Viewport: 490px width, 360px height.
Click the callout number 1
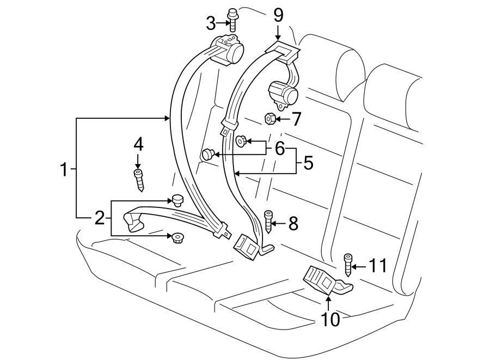[64, 170]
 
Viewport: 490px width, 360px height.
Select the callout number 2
[99, 218]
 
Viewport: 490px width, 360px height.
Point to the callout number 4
[138, 144]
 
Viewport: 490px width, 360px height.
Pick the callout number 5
[308, 163]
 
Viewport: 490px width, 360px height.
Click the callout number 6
[279, 148]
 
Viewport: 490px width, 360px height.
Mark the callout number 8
[293, 223]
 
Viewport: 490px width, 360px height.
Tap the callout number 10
[330, 319]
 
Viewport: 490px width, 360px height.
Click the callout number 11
[377, 266]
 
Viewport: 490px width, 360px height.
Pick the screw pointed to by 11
[347, 265]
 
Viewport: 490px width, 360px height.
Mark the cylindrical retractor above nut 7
[284, 93]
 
